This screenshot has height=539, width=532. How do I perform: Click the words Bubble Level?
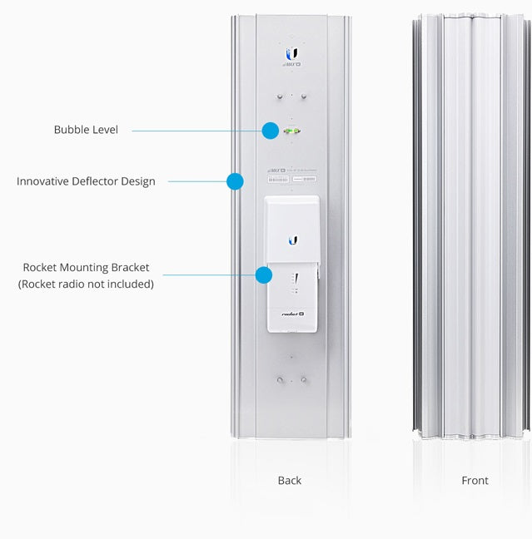[x=86, y=130]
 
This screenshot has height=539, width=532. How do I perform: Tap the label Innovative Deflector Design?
[x=86, y=180]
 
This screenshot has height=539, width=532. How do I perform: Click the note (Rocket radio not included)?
[x=86, y=284]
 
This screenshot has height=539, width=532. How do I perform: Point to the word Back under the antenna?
[x=290, y=480]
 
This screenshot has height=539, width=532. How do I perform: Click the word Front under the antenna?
[x=475, y=480]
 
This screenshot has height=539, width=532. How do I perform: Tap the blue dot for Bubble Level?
[x=270, y=131]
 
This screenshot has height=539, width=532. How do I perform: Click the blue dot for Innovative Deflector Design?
[x=235, y=180]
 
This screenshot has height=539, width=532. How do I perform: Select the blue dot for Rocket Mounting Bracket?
[x=264, y=275]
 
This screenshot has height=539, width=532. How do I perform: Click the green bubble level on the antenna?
[x=292, y=131]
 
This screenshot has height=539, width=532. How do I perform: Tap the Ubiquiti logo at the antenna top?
[x=291, y=54]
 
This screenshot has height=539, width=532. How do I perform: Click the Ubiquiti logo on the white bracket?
[x=292, y=240]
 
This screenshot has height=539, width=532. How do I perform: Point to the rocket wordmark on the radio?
[x=290, y=313]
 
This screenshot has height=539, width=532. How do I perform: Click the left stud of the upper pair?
[x=281, y=96]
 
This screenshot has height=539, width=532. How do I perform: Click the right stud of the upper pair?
[x=303, y=96]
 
